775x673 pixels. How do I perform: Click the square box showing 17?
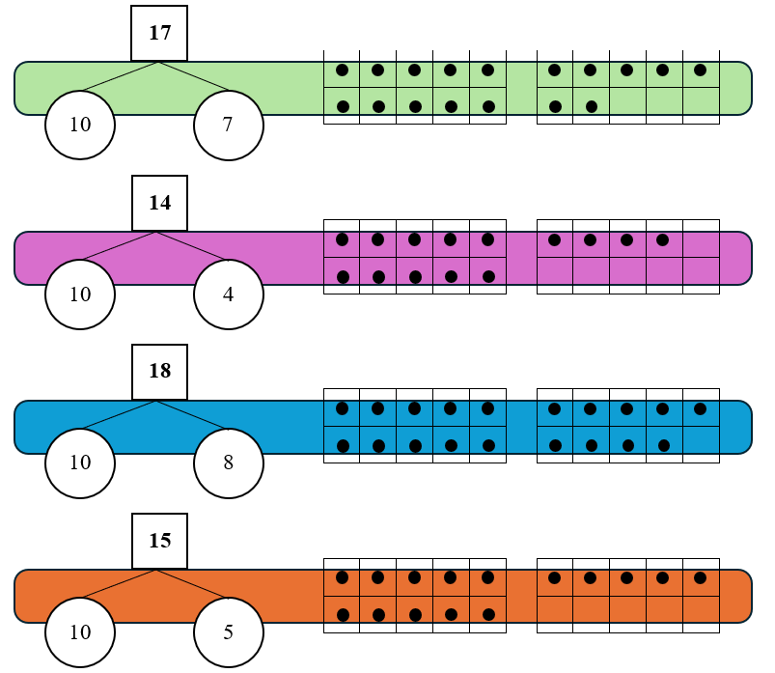pyautogui.click(x=159, y=33)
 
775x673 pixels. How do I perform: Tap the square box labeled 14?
pyautogui.click(x=159, y=203)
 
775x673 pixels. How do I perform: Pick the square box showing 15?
pyautogui.click(x=159, y=541)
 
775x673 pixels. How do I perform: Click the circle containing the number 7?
pyautogui.click(x=228, y=125)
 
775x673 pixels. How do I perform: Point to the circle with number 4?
pyautogui.click(x=228, y=294)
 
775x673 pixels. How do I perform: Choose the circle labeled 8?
pyautogui.click(x=228, y=463)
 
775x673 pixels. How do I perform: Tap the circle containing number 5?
pyautogui.click(x=228, y=632)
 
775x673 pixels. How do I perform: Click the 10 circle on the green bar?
pyautogui.click(x=80, y=125)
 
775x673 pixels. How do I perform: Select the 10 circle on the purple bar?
pyautogui.click(x=80, y=294)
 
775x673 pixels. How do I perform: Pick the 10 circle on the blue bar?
pyautogui.click(x=80, y=463)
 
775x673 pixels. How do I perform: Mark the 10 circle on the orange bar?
pyautogui.click(x=80, y=632)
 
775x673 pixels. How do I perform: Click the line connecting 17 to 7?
pyautogui.click(x=193, y=77)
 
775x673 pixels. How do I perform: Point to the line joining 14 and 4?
pyautogui.click(x=193, y=246)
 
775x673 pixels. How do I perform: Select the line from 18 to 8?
pyautogui.click(x=193, y=415)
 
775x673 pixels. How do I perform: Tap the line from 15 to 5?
pyautogui.click(x=193, y=584)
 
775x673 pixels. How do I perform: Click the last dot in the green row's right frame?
pyautogui.click(x=591, y=106)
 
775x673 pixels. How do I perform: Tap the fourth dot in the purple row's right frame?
pyautogui.click(x=662, y=239)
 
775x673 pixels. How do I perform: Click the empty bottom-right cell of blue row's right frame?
pyautogui.click(x=701, y=444)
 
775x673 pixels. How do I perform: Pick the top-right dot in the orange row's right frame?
pyautogui.click(x=700, y=578)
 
